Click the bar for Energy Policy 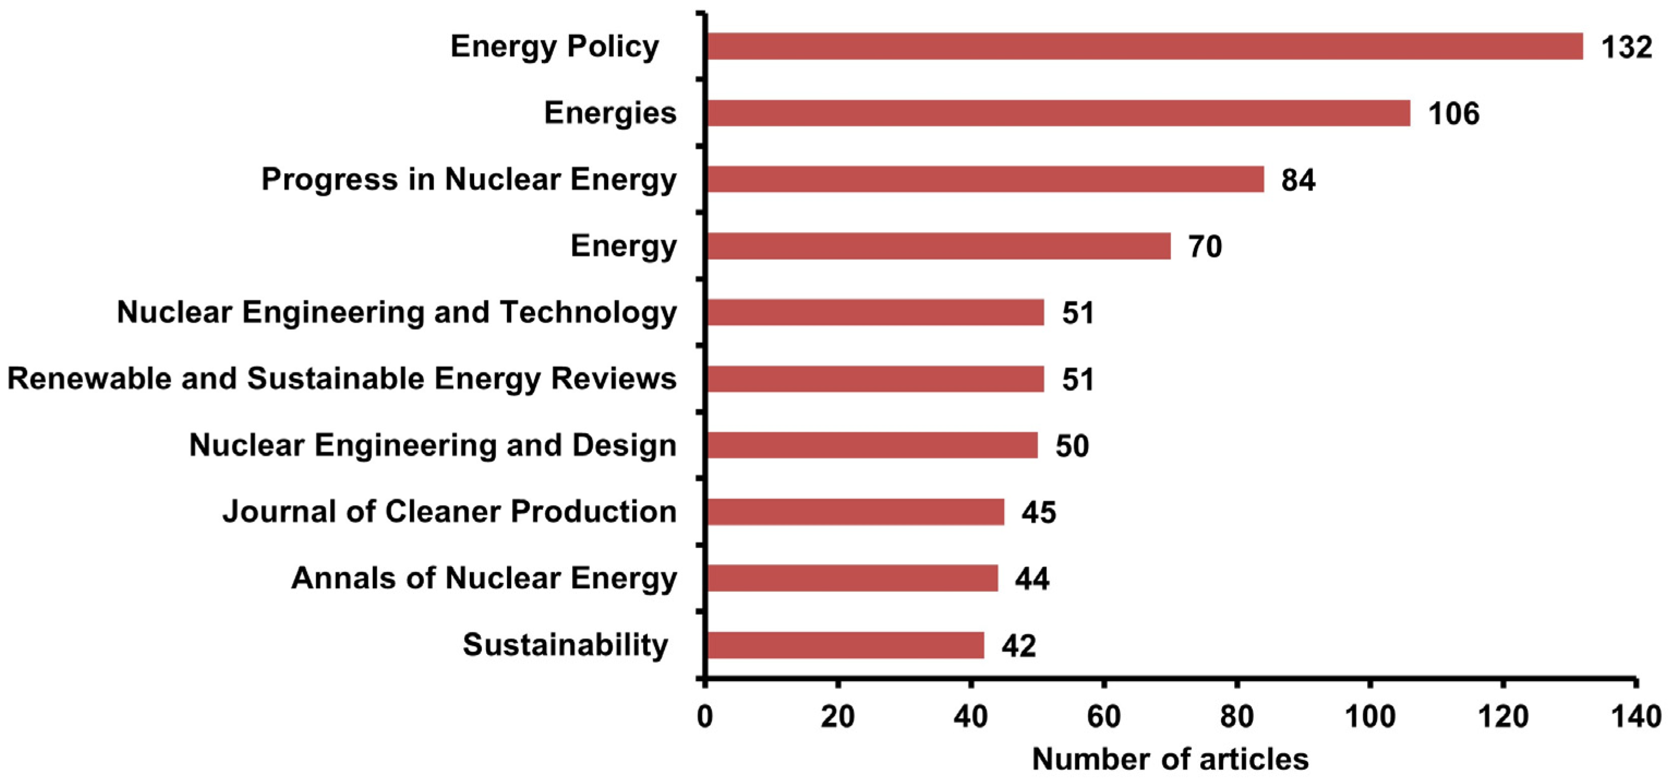tap(1144, 47)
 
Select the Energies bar tap(1058, 113)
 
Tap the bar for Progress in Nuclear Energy tap(985, 180)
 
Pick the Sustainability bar tap(846, 645)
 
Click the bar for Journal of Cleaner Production tap(856, 512)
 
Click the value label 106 tap(1453, 114)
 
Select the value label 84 tap(1298, 180)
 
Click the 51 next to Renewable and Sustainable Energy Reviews tap(1078, 380)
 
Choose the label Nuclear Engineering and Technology tap(397, 312)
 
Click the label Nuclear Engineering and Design tap(432, 446)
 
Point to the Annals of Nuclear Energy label tap(483, 578)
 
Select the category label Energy tap(623, 246)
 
